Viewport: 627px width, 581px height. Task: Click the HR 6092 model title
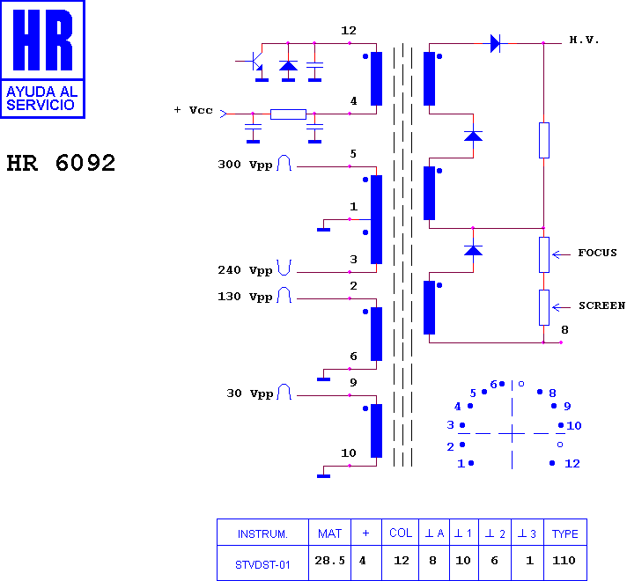[x=61, y=163]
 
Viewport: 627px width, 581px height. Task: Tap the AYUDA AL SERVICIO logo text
[x=41, y=99]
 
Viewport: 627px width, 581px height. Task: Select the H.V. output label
[x=584, y=40]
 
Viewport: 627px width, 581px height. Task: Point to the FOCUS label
[x=597, y=253]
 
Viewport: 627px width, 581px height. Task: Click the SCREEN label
[x=601, y=305]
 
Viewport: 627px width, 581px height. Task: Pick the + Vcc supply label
[x=194, y=110]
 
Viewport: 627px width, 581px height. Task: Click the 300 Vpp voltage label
[x=245, y=165]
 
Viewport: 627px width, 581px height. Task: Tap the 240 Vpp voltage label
[x=245, y=270]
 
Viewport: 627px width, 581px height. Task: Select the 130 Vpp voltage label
[x=245, y=297]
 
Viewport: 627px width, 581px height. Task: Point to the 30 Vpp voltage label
[x=250, y=393]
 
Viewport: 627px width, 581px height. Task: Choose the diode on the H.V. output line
[x=495, y=43]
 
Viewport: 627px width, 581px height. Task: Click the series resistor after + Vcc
[x=288, y=114]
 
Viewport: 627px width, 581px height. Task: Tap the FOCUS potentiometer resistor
[x=544, y=254]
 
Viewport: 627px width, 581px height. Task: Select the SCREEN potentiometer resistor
[x=544, y=307]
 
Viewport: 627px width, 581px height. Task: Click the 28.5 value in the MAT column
[x=330, y=561]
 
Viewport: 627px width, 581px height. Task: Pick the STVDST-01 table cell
[x=262, y=564]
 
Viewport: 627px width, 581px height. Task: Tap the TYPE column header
[x=565, y=533]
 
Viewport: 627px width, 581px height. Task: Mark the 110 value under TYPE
[x=564, y=561]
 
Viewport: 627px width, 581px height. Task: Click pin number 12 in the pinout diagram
[x=572, y=463]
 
